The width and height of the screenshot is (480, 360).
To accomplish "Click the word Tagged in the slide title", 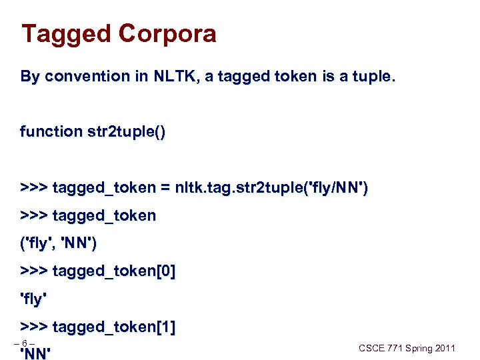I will (65, 34).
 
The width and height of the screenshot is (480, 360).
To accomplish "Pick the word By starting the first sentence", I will (30, 77).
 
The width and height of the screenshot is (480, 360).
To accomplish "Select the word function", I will (51, 132).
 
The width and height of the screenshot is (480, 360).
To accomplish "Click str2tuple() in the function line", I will (127, 132).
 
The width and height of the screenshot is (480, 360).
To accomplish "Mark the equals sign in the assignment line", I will (164, 189).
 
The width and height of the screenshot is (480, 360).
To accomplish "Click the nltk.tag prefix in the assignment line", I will (199, 189).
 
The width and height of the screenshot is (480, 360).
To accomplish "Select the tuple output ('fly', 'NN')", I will (59, 245).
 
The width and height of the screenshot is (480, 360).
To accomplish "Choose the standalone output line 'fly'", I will (34, 300).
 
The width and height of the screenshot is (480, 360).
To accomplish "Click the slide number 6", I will (24, 344).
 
